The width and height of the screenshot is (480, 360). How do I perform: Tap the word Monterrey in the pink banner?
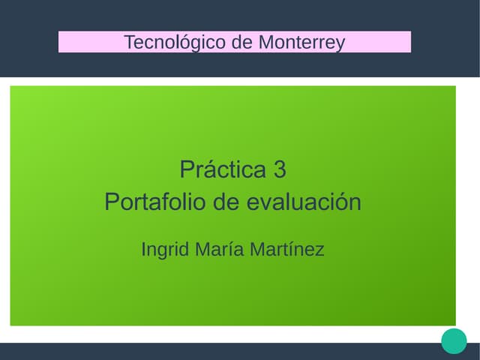click(x=301, y=42)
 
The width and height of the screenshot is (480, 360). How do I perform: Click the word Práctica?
click(x=223, y=169)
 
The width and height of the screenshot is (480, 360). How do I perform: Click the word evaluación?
click(x=304, y=202)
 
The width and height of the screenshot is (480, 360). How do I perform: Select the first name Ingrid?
click(x=165, y=250)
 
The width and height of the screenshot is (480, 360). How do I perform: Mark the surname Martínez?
click(x=287, y=249)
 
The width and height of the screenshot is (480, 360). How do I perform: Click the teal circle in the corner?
click(x=454, y=340)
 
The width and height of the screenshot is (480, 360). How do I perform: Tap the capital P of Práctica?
click(x=186, y=169)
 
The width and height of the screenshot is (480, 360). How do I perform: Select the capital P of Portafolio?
click(x=111, y=202)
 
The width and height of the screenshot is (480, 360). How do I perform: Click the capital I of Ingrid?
click(x=143, y=249)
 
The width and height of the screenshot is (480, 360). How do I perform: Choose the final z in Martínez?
click(x=320, y=250)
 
